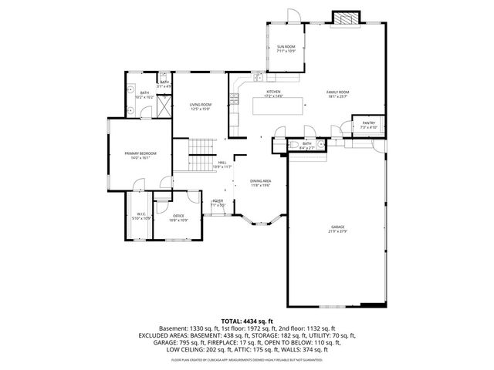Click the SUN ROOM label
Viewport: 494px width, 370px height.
(x=286, y=47)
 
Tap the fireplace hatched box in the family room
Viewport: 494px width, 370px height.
(x=346, y=18)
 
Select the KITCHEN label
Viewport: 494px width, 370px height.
(x=274, y=92)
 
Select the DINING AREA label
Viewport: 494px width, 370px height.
(x=260, y=181)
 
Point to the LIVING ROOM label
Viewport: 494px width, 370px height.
(x=201, y=106)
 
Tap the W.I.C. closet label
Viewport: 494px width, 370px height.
(x=142, y=214)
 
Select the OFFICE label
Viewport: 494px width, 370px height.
(x=178, y=216)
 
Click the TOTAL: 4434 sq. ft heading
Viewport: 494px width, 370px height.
(x=246, y=320)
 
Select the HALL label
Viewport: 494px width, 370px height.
(x=222, y=163)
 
